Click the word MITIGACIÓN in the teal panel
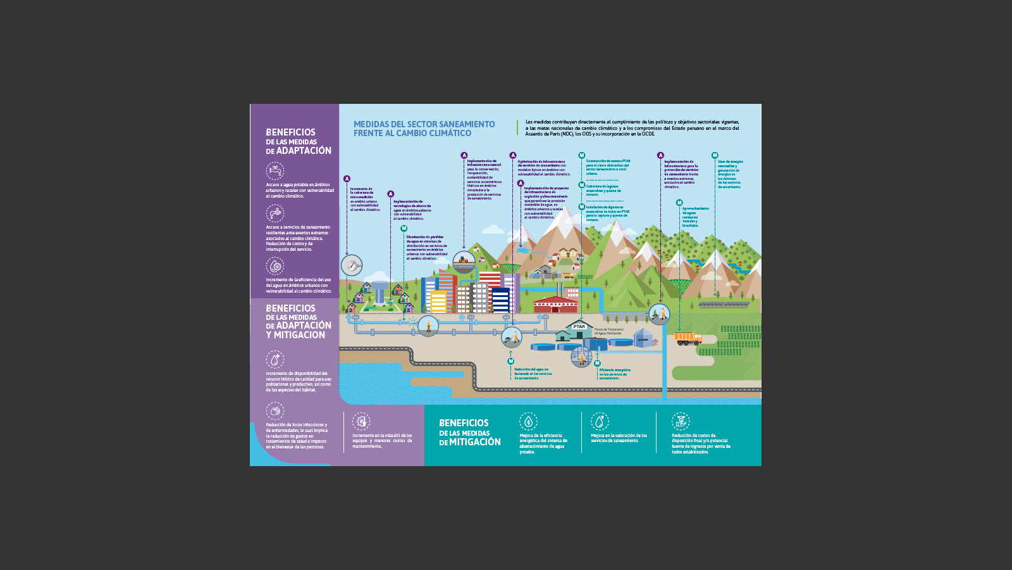pos(474,442)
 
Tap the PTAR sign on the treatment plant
pos(579,327)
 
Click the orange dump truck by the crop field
pos(688,339)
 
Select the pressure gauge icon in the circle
pos(352,265)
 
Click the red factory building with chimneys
pos(556,304)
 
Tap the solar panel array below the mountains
pos(724,305)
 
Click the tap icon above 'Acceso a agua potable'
pos(275,170)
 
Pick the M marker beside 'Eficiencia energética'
pos(596,364)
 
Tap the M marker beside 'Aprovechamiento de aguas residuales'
pos(679,203)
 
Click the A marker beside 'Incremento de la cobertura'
pos(347,179)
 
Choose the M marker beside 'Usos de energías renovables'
pos(715,155)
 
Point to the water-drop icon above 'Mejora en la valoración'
pos(600,421)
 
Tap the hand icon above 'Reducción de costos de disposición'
pos(681,421)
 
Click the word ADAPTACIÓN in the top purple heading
pos(304,151)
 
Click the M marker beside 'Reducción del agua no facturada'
pos(511,362)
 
